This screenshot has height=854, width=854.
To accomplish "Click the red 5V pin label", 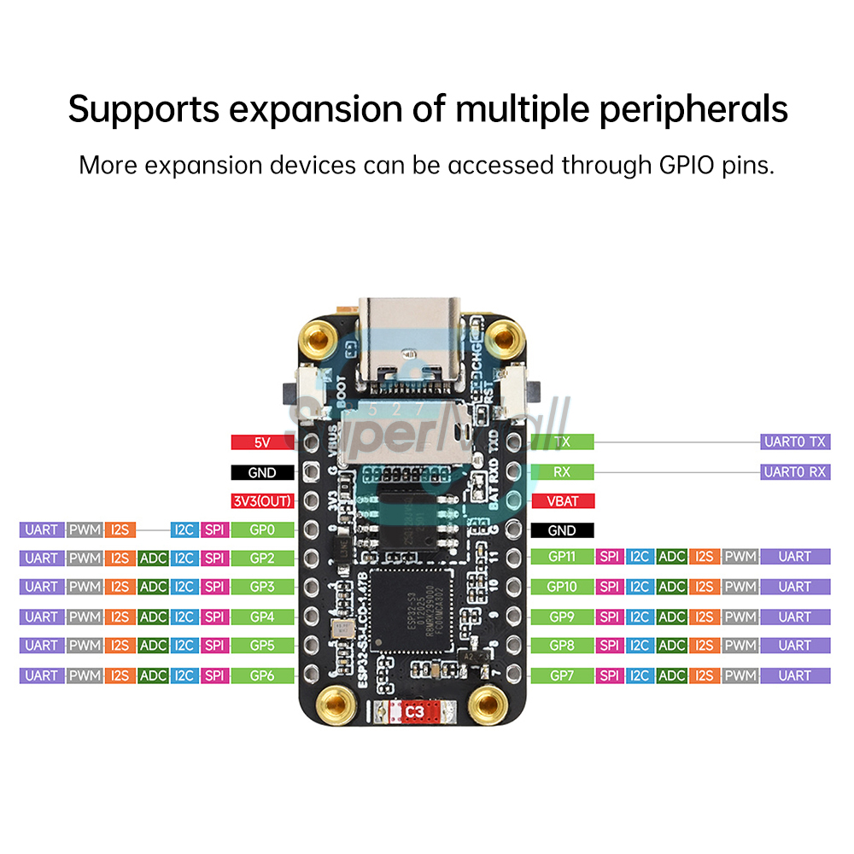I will pyautogui.click(x=262, y=442).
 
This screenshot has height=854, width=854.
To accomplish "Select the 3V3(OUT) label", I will pyautogui.click(x=262, y=500).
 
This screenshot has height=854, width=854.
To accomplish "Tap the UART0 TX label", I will pyautogui.click(x=794, y=442).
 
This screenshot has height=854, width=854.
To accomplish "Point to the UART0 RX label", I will pyautogui.click(x=794, y=471).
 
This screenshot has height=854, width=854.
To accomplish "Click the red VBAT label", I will pyautogui.click(x=562, y=500).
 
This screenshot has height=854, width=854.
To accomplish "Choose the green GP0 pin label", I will pyautogui.click(x=262, y=530).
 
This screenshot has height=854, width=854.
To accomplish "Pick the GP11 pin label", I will pyautogui.click(x=562, y=557).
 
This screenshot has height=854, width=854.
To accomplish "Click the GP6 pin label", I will pyautogui.click(x=262, y=676).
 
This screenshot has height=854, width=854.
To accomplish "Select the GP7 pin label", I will pyautogui.click(x=562, y=676).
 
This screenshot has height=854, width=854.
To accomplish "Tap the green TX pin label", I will pyautogui.click(x=562, y=442).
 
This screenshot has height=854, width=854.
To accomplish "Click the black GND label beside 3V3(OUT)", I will pyautogui.click(x=262, y=472).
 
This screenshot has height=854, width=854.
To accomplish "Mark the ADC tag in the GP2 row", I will pyautogui.click(x=153, y=559).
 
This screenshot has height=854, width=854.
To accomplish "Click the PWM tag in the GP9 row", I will pyautogui.click(x=740, y=617).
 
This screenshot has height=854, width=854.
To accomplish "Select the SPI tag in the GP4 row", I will pyautogui.click(x=214, y=617).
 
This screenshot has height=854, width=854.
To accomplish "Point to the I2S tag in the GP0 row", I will pyautogui.click(x=120, y=530).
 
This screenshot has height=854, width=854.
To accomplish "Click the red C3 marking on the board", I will pyautogui.click(x=416, y=711).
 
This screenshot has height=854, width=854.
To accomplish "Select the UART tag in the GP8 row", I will pyautogui.click(x=794, y=646).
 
